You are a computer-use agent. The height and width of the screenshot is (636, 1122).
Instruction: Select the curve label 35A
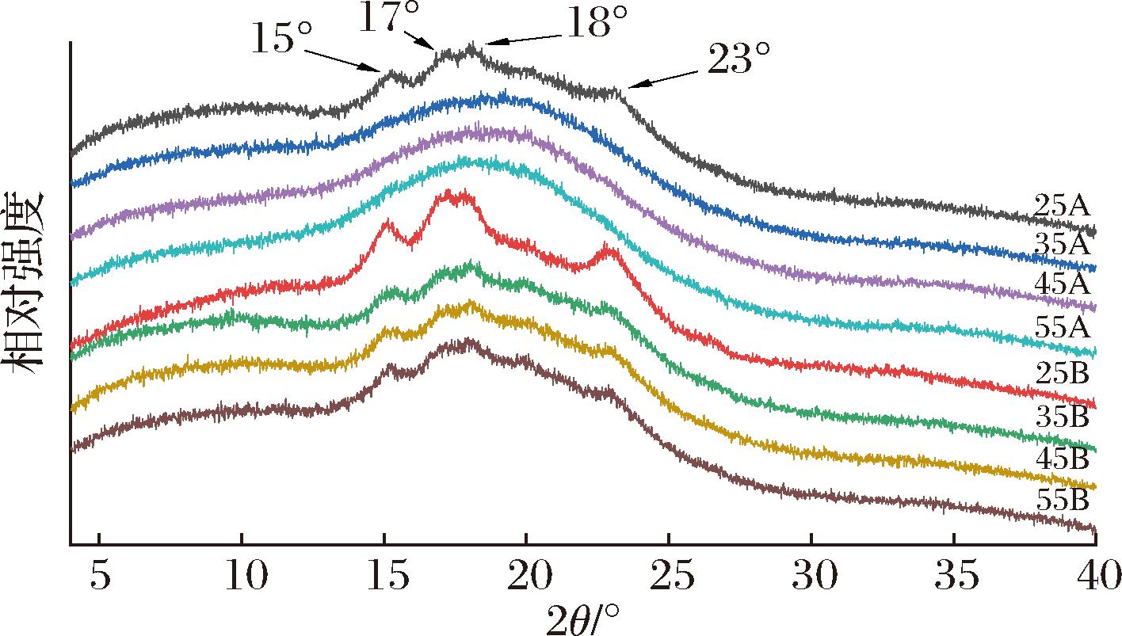pyautogui.click(x=1063, y=244)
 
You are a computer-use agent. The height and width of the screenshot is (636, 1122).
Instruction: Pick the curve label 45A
pyautogui.click(x=1063, y=284)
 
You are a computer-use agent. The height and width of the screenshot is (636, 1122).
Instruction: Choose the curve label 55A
pyautogui.click(x=1063, y=326)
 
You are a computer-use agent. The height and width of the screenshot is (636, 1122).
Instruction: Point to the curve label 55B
pyautogui.click(x=1063, y=501)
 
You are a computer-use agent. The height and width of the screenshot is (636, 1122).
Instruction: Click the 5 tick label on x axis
pyautogui.click(x=98, y=576)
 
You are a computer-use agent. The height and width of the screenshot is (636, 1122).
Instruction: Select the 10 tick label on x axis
pyautogui.click(x=242, y=576)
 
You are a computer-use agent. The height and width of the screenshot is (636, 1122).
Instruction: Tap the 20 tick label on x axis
pyautogui.click(x=525, y=576)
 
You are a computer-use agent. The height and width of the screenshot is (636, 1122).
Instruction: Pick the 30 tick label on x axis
pyautogui.click(x=811, y=576)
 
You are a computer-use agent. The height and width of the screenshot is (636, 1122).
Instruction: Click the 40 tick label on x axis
pyautogui.click(x=1093, y=576)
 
